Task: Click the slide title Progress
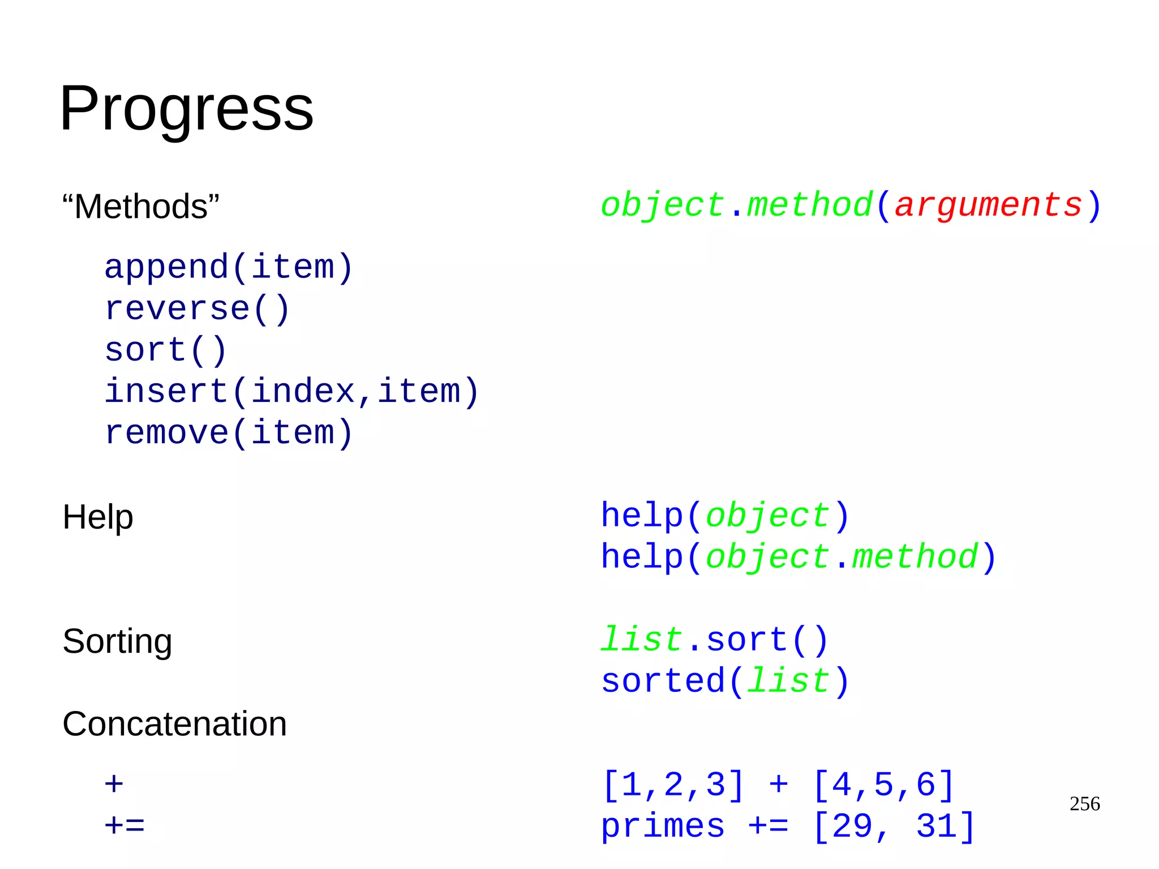click(186, 108)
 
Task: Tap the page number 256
click(1084, 804)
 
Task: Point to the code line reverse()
click(197, 309)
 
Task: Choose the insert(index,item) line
click(291, 391)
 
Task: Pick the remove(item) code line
click(229, 433)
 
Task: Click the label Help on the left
click(97, 517)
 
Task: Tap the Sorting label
click(117, 641)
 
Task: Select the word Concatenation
click(174, 724)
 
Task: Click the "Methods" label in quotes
click(140, 206)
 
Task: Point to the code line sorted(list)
click(724, 680)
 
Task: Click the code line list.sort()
click(714, 640)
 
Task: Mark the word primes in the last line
click(663, 826)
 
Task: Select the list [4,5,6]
click(883, 785)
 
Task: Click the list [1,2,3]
click(673, 785)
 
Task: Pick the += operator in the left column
click(125, 826)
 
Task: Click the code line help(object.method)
click(798, 557)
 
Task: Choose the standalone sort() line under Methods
click(166, 350)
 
